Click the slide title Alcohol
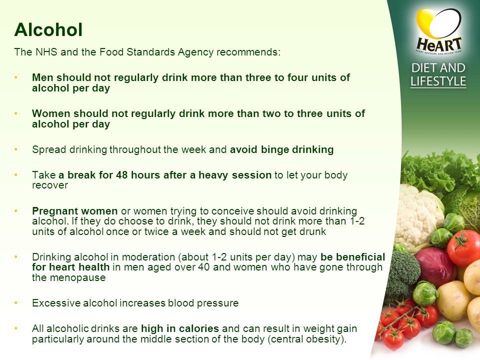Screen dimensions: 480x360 point(48,29)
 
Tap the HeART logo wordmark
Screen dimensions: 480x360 point(438,44)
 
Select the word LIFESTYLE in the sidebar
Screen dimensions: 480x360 point(438,81)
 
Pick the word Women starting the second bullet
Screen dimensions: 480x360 point(51,113)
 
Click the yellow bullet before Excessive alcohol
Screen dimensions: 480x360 point(16,303)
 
